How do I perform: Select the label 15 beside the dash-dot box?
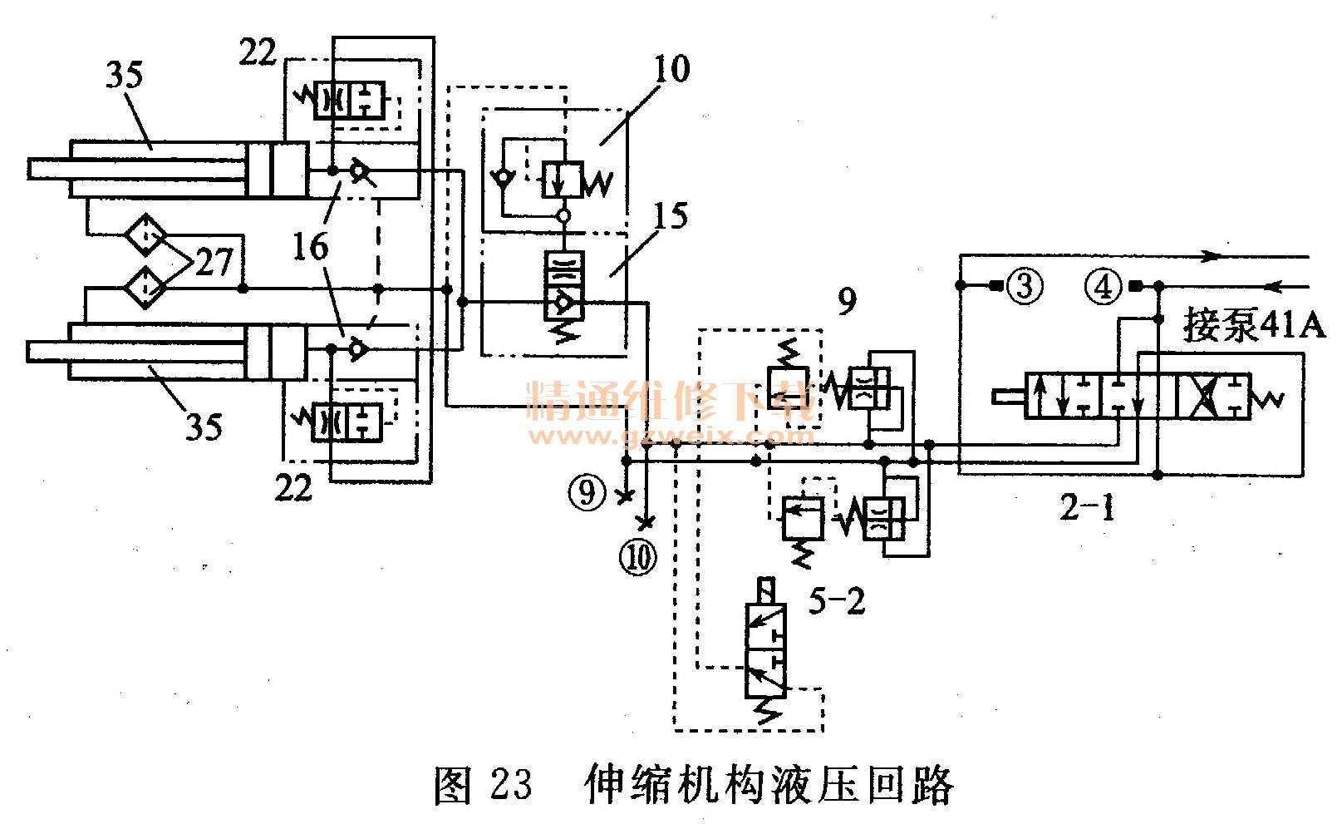point(670,216)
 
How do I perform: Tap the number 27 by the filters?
point(214,263)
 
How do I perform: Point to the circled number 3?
point(1023,286)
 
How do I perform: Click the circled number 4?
point(1104,287)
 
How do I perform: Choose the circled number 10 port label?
point(642,557)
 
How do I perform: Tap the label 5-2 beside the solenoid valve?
point(837,600)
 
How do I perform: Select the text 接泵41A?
point(1254,325)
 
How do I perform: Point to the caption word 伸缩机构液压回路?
point(769,783)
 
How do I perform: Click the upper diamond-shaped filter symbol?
point(145,235)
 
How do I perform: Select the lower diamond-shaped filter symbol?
point(145,287)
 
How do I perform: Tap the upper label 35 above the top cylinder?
point(124,75)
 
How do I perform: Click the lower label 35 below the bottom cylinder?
point(203,427)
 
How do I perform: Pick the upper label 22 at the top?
point(258,52)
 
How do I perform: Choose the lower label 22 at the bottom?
point(292,487)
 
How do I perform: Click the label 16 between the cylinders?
point(310,247)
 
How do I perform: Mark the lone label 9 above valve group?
point(846,301)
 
